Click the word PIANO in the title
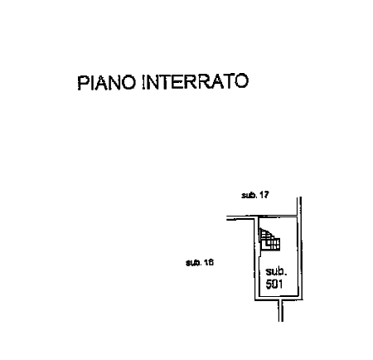coord(107,82)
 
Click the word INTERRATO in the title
coord(196,81)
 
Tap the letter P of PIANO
coord(83,82)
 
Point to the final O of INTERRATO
coord(241,81)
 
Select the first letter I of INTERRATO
coord(143,82)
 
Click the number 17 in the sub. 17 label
coord(264,195)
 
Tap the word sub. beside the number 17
coord(249,195)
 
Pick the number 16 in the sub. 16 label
coord(209,262)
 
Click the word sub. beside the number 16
coord(194,262)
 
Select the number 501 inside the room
coord(274,285)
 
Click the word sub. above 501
coord(276,272)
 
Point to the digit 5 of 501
coord(269,285)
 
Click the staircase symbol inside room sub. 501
coord(269,240)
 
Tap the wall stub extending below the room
coord(281,310)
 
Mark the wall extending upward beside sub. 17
coord(299,207)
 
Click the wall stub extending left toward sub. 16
coord(240,218)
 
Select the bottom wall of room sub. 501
coord(279,299)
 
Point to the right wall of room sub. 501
coord(299,257)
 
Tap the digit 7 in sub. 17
coord(266,195)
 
